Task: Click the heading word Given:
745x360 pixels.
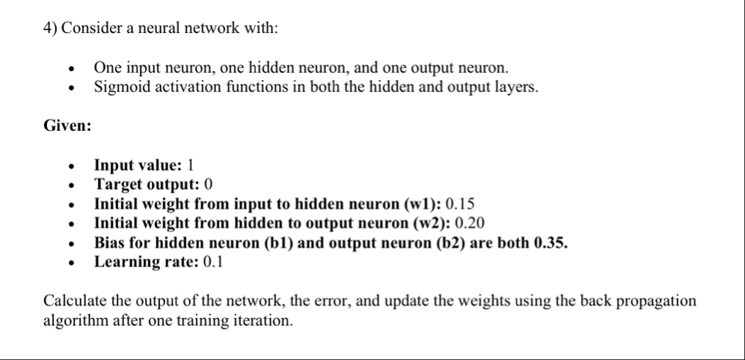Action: pos(67,126)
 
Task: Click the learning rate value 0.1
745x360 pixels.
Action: pos(210,262)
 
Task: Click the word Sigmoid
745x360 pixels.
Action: pos(119,87)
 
